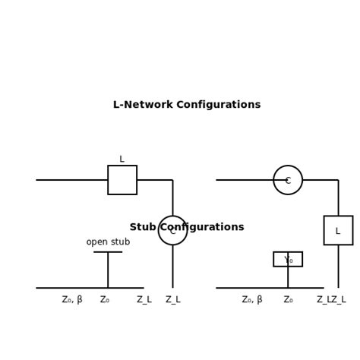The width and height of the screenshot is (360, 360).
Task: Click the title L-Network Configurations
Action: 187,105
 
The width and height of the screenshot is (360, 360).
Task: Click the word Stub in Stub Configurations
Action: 144,227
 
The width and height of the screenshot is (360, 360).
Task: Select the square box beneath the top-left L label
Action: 122,180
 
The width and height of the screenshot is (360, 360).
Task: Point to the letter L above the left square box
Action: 122,159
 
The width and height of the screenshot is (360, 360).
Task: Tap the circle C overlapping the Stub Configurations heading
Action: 172,230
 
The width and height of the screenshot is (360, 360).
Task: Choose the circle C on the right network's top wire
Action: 288,180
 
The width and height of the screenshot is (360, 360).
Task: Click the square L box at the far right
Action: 338,230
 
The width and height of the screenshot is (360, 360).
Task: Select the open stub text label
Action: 108,242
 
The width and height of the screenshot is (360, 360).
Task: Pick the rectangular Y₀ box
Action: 288,259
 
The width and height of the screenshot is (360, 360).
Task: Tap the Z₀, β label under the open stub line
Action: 72,299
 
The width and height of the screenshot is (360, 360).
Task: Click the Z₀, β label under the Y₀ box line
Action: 252,299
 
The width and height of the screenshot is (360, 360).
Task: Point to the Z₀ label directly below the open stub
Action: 105,299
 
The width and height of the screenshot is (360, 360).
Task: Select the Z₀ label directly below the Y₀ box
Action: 288,299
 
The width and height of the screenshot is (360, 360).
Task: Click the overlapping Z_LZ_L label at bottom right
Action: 331,299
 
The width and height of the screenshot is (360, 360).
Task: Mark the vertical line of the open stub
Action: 108,270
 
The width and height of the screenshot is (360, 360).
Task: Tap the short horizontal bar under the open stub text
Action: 108,252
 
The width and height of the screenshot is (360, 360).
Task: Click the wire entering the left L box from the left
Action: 72,180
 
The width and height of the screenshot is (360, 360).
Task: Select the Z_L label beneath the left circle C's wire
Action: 172,299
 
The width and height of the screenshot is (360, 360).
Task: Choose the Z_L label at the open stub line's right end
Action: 144,299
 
